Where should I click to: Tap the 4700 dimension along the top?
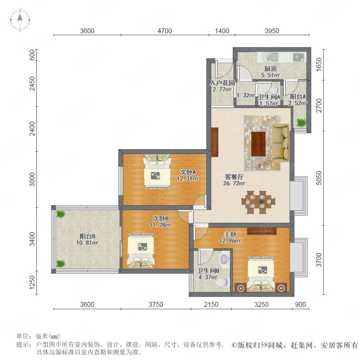(x=165, y=31)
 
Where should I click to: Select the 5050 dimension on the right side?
(x=319, y=178)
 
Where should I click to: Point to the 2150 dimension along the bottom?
(x=211, y=304)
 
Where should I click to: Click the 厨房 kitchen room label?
(x=270, y=69)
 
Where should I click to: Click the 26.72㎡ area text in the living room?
(x=234, y=183)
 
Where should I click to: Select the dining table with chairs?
(x=258, y=202)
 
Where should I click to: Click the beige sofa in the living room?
(x=280, y=142)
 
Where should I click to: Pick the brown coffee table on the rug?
(x=258, y=144)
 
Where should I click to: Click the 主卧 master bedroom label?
(x=230, y=234)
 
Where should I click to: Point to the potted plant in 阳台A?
(x=301, y=123)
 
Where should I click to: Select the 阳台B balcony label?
(x=88, y=236)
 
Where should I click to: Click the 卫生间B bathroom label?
(x=208, y=271)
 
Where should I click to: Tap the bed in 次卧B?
(x=141, y=251)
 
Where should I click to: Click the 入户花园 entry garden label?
(x=222, y=83)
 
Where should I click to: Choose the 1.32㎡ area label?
(x=246, y=95)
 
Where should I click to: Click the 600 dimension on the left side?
(x=32, y=55)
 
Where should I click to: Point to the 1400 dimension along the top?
(x=222, y=31)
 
